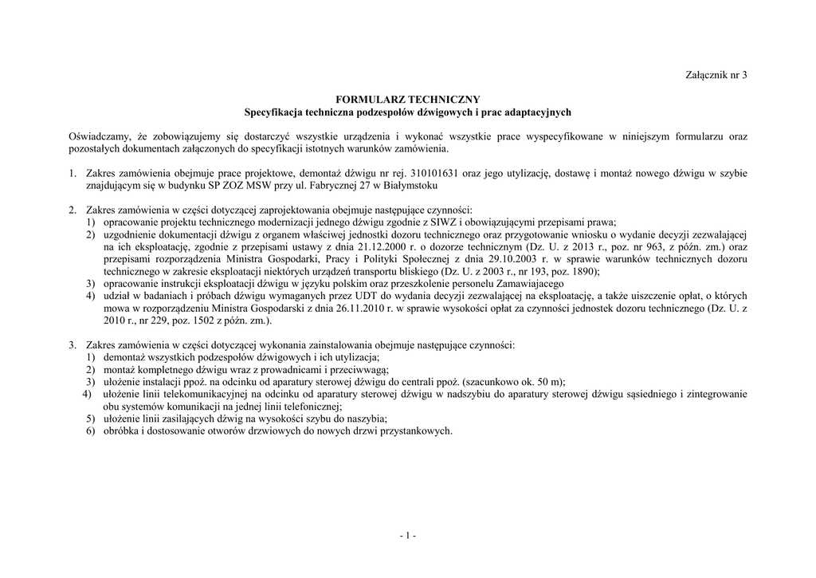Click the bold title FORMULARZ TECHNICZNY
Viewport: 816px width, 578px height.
click(407, 100)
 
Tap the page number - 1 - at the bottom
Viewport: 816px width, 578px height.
click(407, 536)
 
